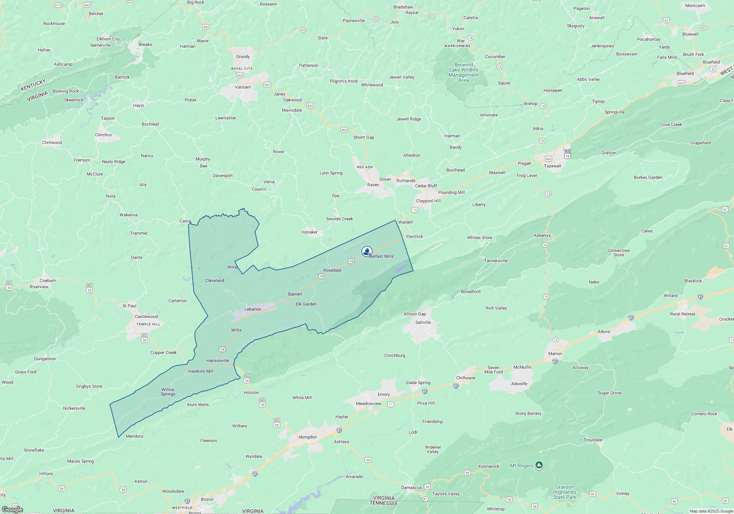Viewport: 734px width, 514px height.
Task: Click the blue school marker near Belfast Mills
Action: [x=367, y=251]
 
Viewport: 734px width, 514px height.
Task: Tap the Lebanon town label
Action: [x=253, y=309]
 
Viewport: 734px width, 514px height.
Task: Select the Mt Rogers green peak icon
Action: [x=539, y=465]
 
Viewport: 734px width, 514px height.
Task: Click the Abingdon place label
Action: [x=308, y=437]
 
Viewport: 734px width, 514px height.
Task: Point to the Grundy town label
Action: [x=243, y=57]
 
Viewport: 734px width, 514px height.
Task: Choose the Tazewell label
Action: [x=552, y=166]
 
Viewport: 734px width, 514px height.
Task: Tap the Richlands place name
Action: [x=406, y=181]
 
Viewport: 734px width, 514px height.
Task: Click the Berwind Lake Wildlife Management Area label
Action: [x=464, y=72]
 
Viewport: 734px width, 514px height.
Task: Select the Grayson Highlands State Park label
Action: [x=564, y=492]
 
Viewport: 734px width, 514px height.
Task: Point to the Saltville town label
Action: [x=423, y=322]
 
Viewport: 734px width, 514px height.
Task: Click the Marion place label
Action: [x=555, y=354]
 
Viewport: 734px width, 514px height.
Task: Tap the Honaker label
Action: [x=309, y=232]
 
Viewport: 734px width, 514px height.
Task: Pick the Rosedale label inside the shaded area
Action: [x=333, y=270]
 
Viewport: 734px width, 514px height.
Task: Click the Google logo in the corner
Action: [x=12, y=509]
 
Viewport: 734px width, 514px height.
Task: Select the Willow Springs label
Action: [x=168, y=392]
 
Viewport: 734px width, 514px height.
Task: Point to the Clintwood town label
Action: [x=52, y=142]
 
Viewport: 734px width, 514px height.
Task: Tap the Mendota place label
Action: [x=134, y=436]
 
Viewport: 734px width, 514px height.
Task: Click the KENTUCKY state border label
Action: [x=33, y=85]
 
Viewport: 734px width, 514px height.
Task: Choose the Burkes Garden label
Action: [x=648, y=177]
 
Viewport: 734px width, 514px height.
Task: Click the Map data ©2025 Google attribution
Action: [x=711, y=511]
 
